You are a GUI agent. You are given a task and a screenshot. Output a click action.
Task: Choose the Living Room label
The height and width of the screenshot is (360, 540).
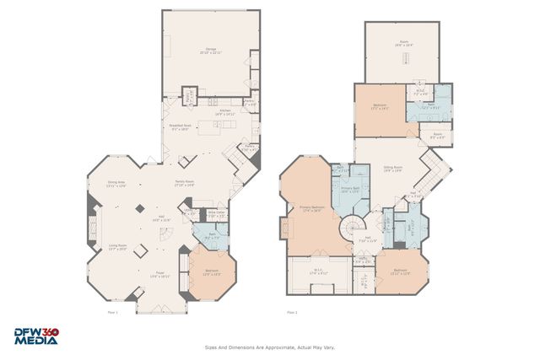[117, 247]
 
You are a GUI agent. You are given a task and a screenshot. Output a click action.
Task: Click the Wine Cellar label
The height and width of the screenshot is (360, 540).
[216, 214]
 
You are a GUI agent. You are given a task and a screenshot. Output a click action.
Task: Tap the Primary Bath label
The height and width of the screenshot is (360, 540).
[350, 191]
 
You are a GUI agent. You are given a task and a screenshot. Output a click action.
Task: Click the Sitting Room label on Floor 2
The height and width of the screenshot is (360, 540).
[393, 168]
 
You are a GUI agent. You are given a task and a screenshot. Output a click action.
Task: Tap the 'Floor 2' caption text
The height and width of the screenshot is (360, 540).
[292, 313]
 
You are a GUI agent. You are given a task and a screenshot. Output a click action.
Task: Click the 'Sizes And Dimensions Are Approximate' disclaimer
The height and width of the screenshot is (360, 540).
[270, 347]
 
